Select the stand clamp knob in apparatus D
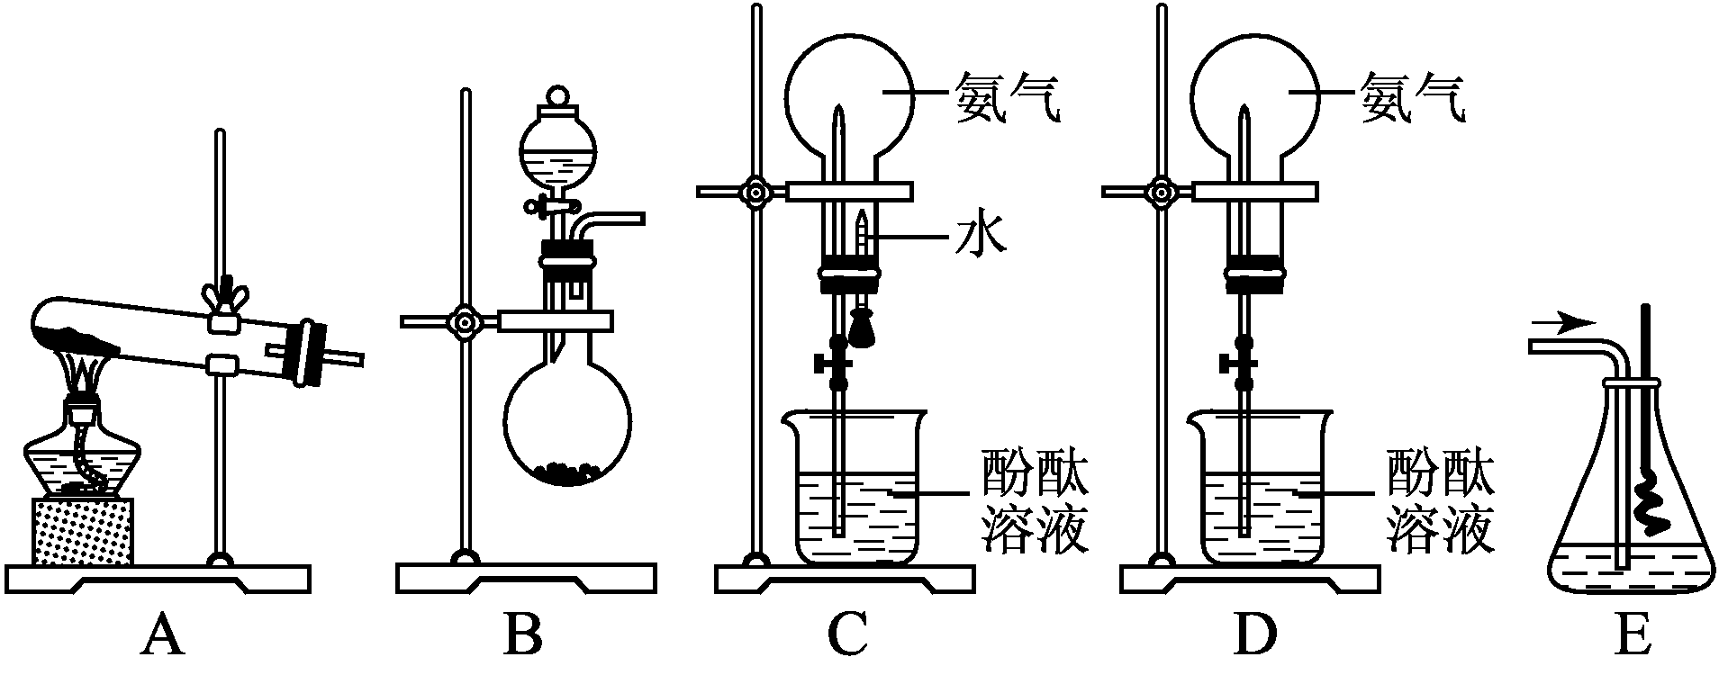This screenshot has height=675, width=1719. [x=1163, y=191]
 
